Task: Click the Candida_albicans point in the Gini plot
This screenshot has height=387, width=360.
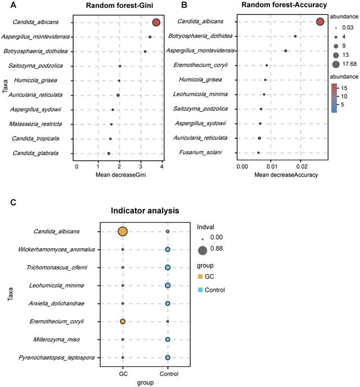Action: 156,22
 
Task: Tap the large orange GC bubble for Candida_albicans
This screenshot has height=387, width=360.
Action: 123,231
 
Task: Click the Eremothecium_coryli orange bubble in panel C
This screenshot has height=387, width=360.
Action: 123,321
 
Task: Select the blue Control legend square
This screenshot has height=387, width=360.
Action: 200,290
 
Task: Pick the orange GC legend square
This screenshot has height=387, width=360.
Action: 200,277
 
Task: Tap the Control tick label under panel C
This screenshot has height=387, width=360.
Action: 168,374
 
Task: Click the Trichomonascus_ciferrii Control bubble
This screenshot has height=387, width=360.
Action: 168,267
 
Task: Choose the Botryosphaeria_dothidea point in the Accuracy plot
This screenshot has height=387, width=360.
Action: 295,36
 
